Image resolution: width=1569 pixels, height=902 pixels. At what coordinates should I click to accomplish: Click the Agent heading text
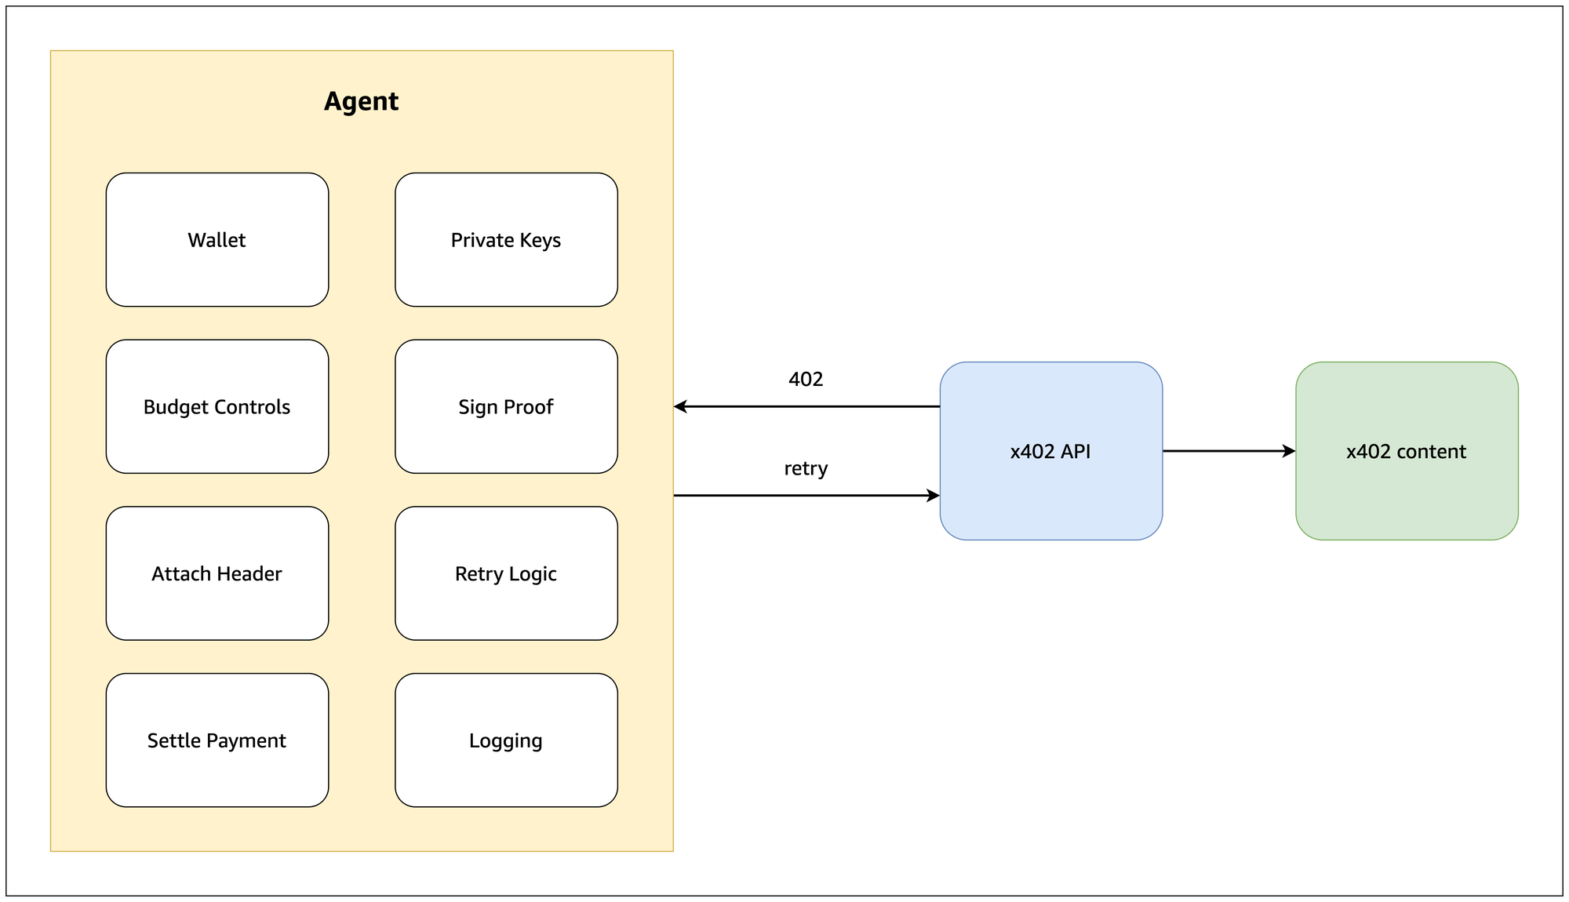(x=362, y=102)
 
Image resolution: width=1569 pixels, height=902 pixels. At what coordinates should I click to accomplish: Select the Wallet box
(x=217, y=239)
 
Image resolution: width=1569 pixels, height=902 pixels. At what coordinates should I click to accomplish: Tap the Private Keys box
(x=506, y=239)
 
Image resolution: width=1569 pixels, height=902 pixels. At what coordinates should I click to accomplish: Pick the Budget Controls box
(x=217, y=406)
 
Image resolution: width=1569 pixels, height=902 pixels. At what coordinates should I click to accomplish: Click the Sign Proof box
(x=506, y=406)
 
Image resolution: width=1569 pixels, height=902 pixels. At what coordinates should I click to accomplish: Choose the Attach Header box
(x=217, y=573)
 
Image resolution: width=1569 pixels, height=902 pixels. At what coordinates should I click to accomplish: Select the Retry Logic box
(x=506, y=573)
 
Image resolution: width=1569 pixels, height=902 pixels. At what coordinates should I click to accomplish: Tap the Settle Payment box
(x=217, y=740)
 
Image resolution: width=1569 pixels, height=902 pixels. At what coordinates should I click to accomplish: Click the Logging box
(x=506, y=740)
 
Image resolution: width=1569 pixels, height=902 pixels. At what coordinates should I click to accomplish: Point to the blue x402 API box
(x=1051, y=451)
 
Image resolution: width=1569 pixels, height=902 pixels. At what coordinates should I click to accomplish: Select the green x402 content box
(x=1407, y=451)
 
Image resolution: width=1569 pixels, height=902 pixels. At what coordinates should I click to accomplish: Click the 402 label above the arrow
(x=806, y=380)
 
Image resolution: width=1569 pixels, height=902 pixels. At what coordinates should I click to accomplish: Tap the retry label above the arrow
(x=806, y=468)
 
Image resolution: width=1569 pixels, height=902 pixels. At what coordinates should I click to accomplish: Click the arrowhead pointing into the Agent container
(x=680, y=406)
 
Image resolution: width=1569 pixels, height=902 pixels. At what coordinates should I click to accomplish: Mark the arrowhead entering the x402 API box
(x=934, y=496)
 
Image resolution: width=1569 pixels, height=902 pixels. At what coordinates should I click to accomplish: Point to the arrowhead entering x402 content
(x=1289, y=451)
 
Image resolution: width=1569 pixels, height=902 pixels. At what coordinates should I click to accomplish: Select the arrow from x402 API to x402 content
(x=1229, y=451)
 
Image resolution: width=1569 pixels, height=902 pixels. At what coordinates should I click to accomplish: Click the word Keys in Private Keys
(x=541, y=241)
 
